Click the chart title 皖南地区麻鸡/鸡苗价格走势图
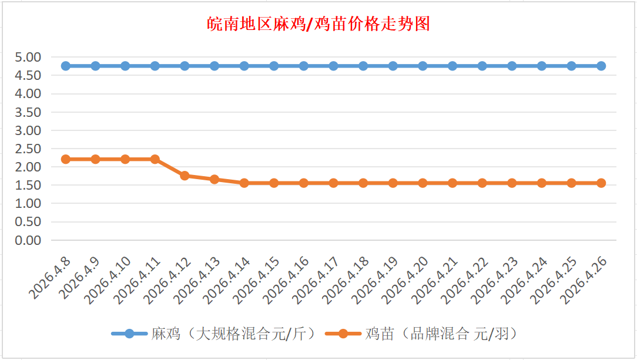318,24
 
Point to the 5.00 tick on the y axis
28,57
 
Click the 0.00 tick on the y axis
28,240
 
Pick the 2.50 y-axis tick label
28,149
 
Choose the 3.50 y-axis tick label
28,112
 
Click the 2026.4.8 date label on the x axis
49,278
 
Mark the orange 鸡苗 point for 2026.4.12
185,176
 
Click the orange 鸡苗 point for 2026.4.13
214,179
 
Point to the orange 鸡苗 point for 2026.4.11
155,159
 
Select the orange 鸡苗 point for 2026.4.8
66,159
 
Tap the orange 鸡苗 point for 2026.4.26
601,183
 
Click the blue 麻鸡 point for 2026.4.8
66,66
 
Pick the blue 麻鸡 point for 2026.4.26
601,66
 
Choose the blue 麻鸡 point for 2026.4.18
363,66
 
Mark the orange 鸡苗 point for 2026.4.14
244,183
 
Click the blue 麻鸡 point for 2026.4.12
185,66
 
